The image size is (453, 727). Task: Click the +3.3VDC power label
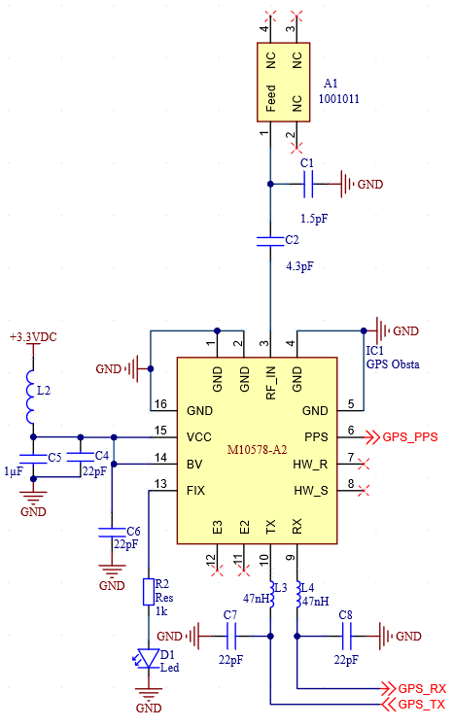click(x=33, y=337)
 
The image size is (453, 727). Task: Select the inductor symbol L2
click(x=30, y=397)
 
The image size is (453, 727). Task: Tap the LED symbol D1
click(x=148, y=658)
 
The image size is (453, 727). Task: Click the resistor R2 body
click(x=149, y=592)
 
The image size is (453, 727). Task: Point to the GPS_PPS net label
click(x=410, y=437)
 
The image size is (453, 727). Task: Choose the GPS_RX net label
click(x=422, y=688)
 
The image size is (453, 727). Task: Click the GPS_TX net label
click(x=422, y=705)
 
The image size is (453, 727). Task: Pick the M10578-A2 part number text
click(x=258, y=450)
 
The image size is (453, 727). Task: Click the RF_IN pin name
click(x=271, y=383)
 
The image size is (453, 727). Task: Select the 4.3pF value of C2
click(x=299, y=266)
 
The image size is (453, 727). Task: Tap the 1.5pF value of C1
click(x=314, y=219)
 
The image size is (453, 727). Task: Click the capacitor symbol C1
click(x=308, y=184)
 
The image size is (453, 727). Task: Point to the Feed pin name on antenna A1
click(x=271, y=98)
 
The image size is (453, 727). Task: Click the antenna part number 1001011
click(x=339, y=99)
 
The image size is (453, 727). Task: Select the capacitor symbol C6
click(x=112, y=532)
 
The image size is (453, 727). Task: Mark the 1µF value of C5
click(x=14, y=471)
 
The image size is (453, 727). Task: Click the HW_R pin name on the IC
click(x=310, y=465)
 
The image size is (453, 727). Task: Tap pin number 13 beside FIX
click(x=160, y=484)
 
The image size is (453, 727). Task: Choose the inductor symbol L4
click(x=298, y=595)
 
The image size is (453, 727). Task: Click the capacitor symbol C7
click(x=231, y=636)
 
